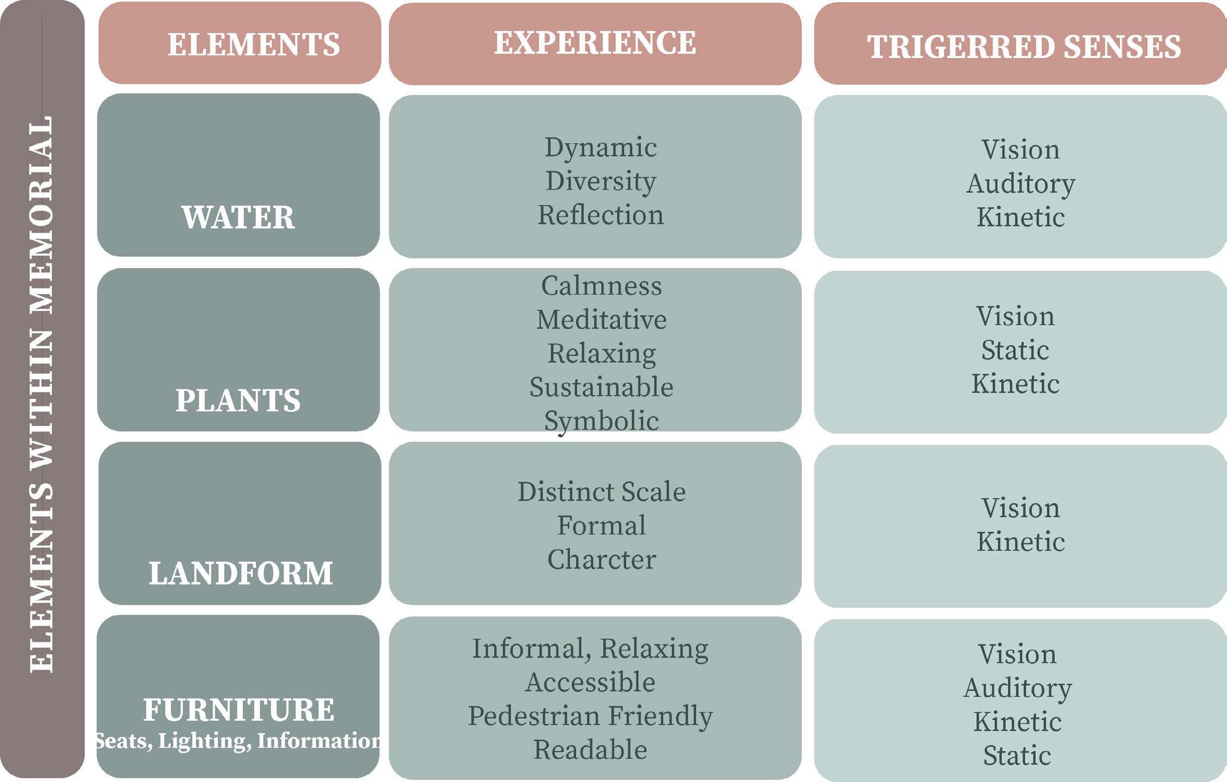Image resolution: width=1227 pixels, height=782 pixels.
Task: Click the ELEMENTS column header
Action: click(253, 44)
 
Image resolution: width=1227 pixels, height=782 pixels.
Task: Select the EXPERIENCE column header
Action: click(595, 43)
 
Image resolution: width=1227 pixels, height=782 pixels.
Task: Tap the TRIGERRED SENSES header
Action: click(1024, 47)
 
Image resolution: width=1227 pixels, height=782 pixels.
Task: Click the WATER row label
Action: click(238, 217)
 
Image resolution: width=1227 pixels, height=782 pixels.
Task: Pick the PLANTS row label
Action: click(238, 400)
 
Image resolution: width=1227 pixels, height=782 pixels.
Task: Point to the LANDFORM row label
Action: click(241, 574)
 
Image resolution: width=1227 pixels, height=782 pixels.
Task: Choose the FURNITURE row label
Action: click(238, 710)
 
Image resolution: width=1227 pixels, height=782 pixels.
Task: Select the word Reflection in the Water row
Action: click(601, 215)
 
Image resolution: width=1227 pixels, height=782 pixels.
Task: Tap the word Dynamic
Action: click(601, 148)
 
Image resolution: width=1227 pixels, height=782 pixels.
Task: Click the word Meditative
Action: click(601, 320)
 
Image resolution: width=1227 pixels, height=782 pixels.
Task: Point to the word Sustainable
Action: click(601, 387)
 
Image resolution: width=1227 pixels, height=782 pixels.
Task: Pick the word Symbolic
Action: click(601, 421)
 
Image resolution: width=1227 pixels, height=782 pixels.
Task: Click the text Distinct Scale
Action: click(601, 492)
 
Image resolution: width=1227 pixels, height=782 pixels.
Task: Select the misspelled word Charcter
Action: click(601, 560)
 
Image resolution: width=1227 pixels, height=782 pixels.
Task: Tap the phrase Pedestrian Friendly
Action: click(590, 716)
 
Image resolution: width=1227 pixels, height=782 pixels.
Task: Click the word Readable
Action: click(590, 750)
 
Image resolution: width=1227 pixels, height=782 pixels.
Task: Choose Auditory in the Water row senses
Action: click(1021, 183)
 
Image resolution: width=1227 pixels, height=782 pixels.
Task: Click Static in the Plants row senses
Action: click(1015, 350)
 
